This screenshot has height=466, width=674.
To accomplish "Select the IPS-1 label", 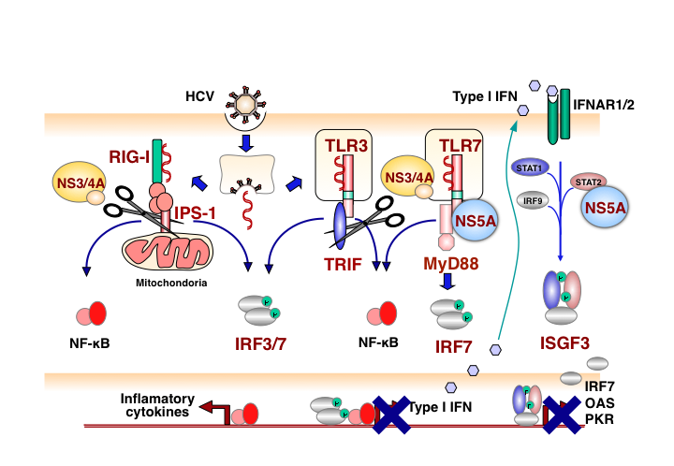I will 196,214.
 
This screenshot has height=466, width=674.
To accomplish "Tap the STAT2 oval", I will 586,181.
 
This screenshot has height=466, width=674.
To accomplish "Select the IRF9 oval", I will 533,198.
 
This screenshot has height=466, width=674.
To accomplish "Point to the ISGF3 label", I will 567,342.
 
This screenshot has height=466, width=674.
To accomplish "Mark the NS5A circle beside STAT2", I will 606,206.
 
